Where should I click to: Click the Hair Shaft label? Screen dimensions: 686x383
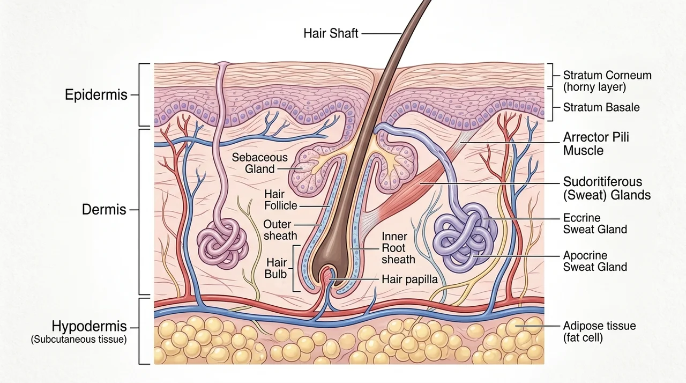(331, 33)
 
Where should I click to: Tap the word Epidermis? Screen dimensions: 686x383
(96, 95)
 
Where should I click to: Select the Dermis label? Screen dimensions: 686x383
(104, 210)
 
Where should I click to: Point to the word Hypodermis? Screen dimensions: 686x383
(89, 326)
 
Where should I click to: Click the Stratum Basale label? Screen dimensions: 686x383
(601, 107)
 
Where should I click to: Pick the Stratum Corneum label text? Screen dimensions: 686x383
(607, 81)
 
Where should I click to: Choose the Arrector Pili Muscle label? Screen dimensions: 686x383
(596, 144)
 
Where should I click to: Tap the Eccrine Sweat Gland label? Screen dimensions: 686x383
(595, 224)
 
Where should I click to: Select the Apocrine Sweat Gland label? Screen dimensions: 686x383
(595, 261)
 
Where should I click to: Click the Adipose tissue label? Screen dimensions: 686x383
(599, 332)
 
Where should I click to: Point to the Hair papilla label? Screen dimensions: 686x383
(410, 279)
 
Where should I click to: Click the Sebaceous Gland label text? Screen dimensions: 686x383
(260, 163)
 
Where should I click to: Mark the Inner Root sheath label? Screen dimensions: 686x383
(398, 248)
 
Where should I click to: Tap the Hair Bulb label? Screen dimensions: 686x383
(275, 268)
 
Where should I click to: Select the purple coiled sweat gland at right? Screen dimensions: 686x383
(465, 238)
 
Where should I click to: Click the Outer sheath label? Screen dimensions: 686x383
(280, 230)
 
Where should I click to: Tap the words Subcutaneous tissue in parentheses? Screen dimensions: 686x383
(79, 339)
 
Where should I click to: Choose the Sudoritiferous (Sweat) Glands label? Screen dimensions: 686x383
(607, 188)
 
